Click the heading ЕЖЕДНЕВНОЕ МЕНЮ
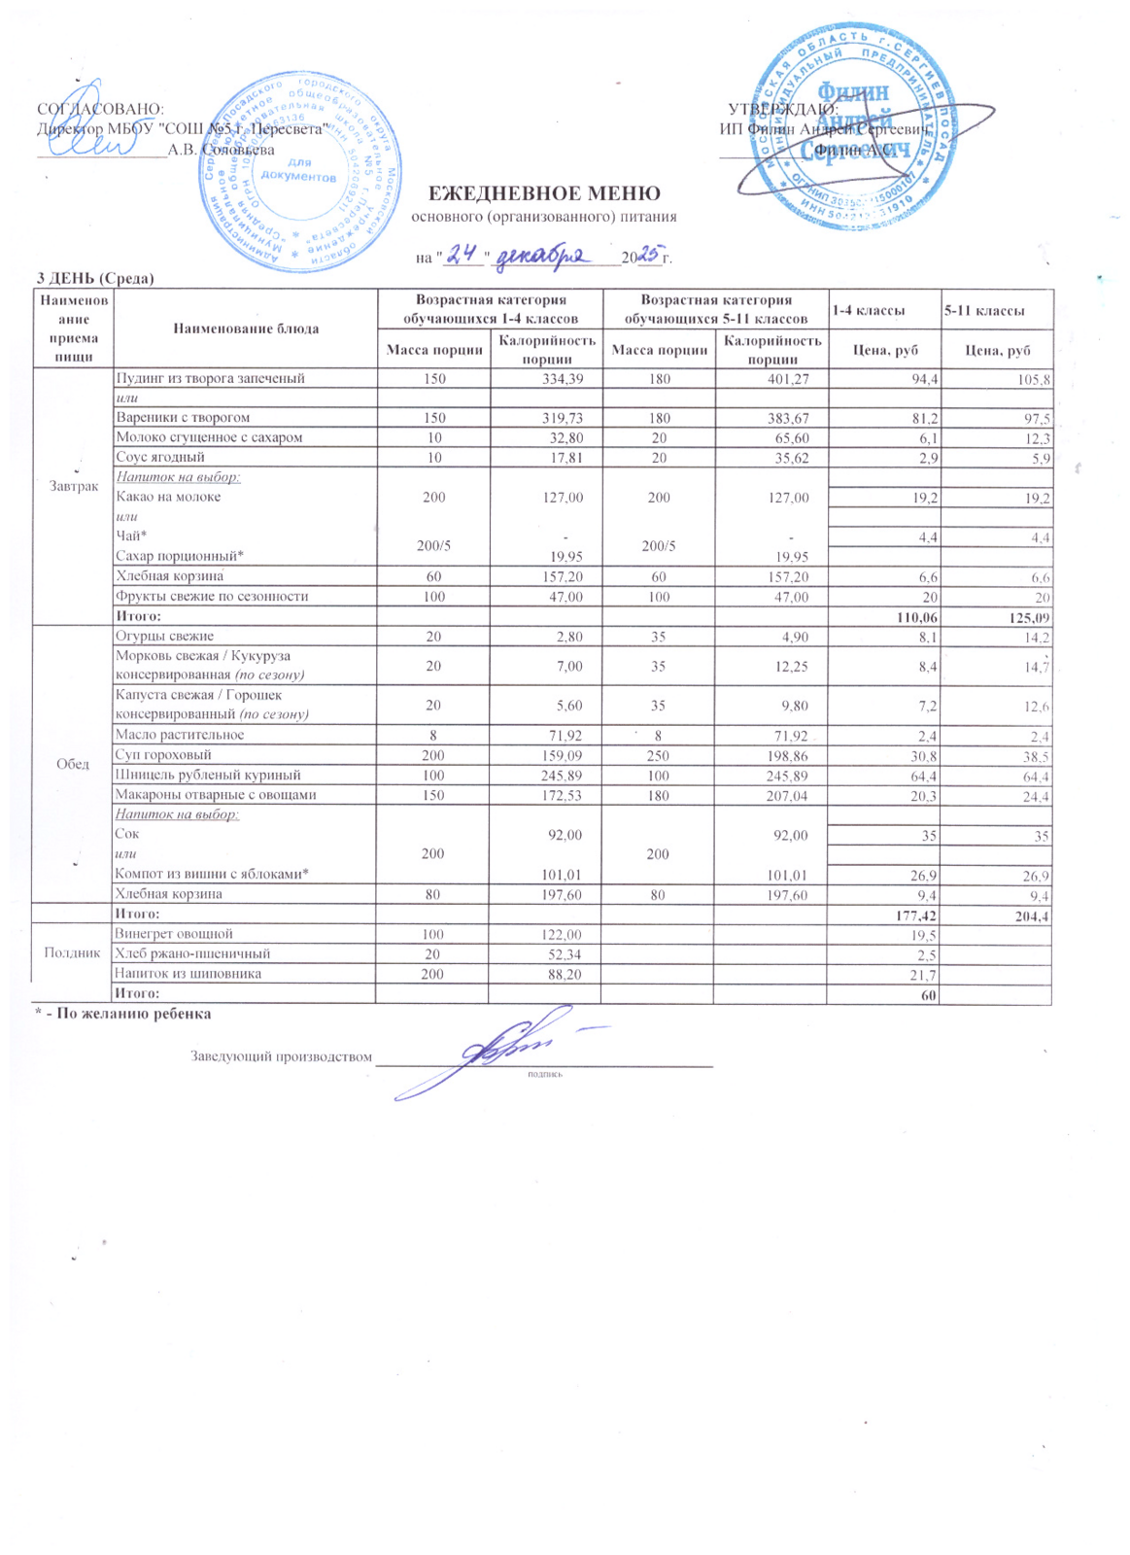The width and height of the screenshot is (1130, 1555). point(544,193)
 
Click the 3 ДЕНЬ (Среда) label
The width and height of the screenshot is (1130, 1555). point(95,279)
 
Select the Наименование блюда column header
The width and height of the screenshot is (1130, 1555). point(246,328)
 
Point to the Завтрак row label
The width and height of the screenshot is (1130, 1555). point(74,486)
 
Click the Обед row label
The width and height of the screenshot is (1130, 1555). point(74,764)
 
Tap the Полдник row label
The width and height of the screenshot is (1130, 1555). point(74,952)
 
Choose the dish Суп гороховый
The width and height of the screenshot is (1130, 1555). point(163,755)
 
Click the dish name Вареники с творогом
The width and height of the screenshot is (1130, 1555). point(183,418)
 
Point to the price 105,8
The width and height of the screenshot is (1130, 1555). point(1034,379)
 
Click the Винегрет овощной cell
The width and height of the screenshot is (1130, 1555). point(174,934)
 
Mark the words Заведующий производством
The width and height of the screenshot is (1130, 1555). point(281,1056)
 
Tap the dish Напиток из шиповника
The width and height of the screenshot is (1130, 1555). point(188,974)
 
